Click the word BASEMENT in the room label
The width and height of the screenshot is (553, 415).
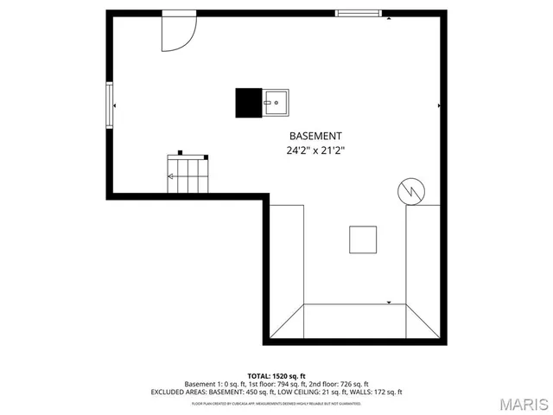click(x=315, y=136)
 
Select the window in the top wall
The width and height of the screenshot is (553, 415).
click(x=362, y=13)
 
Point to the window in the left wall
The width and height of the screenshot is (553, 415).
click(x=109, y=105)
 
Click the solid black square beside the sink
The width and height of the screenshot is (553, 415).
click(x=249, y=103)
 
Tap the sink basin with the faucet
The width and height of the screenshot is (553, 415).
click(x=276, y=103)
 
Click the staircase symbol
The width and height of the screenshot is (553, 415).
click(x=188, y=175)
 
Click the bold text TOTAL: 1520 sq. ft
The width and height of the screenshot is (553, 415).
click(x=276, y=376)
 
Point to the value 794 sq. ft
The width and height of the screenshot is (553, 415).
click(x=292, y=384)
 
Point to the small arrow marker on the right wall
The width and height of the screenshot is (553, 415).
click(x=441, y=105)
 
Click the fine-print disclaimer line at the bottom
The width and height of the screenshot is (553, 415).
click(x=276, y=403)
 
